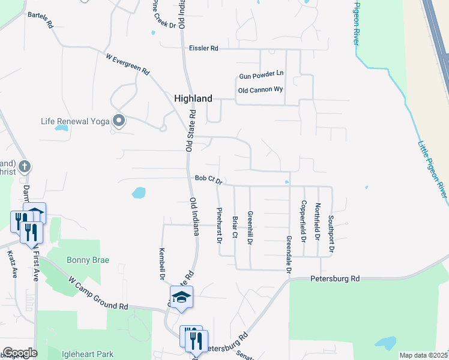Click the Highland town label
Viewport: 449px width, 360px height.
tap(193, 98)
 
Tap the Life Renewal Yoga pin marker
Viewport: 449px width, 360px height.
tap(119, 121)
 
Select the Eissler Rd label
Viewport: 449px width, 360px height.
tap(203, 48)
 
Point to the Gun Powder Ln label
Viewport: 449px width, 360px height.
tap(261, 76)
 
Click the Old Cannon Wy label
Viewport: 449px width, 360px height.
tap(261, 90)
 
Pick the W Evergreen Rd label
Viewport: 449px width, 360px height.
tap(128, 64)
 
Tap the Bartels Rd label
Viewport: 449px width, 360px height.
tap(41, 20)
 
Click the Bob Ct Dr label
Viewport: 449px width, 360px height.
tap(208, 179)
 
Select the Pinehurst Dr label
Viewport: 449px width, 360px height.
tap(219, 225)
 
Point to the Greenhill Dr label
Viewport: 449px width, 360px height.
tap(250, 227)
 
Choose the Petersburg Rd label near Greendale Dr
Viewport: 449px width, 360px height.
tap(334, 279)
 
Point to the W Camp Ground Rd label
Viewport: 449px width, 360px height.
tap(99, 293)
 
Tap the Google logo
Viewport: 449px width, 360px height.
tap(20, 353)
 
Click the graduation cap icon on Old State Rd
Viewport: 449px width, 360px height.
tap(181, 297)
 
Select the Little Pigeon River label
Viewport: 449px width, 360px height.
tap(432, 168)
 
